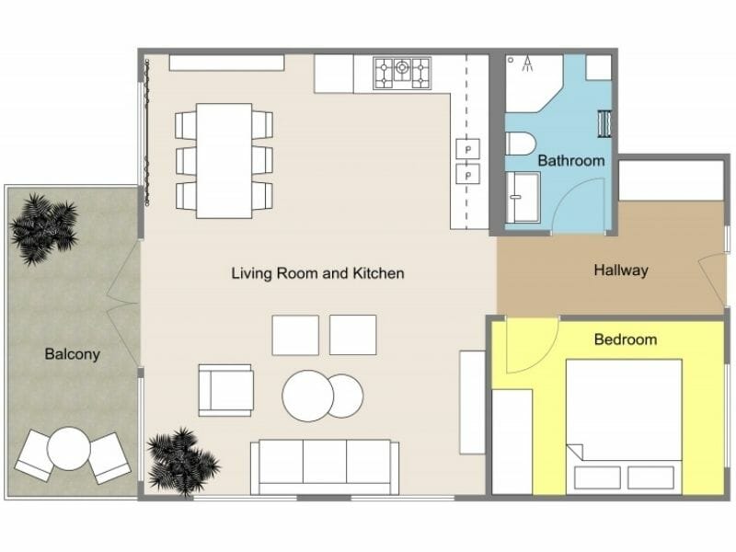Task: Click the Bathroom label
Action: [x=571, y=160]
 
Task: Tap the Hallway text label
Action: [x=621, y=270]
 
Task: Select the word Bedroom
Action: [x=626, y=339]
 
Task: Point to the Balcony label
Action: [x=72, y=353]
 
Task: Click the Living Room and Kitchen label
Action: [x=317, y=273]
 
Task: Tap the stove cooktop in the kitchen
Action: [x=402, y=73]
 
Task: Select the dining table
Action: [x=224, y=160]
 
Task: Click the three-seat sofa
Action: [x=325, y=466]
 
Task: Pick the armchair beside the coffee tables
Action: [x=224, y=389]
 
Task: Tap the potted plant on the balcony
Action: [x=43, y=226]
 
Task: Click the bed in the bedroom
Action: [x=623, y=425]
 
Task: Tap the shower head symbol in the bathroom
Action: [x=528, y=63]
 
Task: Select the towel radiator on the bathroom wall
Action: [x=604, y=123]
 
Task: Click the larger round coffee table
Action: [x=307, y=397]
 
